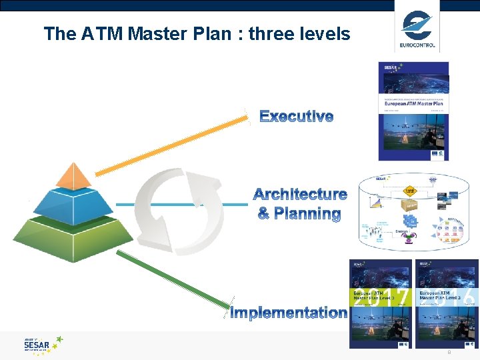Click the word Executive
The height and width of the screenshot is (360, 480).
pos(296,117)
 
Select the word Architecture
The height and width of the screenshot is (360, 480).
pos(300,195)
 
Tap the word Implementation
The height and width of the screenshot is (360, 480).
pos(288,313)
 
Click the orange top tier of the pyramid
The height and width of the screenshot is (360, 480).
pos(73,175)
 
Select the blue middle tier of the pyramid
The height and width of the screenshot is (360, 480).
pos(74,203)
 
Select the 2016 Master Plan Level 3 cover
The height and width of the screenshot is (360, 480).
pos(447,304)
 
